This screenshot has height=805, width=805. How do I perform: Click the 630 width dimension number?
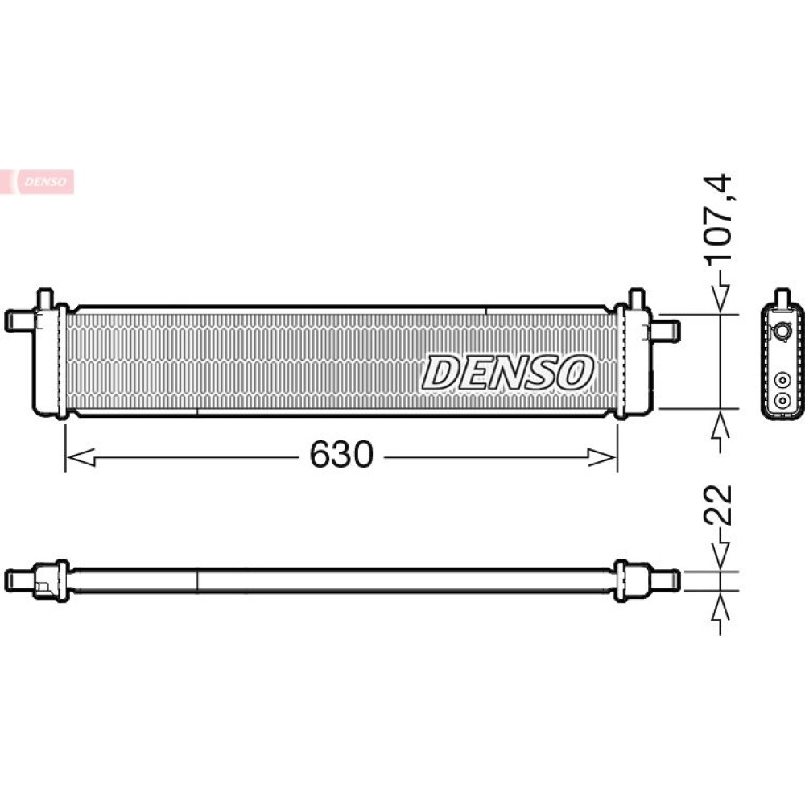pos(341,455)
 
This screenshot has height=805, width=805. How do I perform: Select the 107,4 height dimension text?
pos(718,221)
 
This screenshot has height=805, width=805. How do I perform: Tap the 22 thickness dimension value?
pos(718,505)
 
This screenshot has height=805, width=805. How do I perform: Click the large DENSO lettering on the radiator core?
pos(507,372)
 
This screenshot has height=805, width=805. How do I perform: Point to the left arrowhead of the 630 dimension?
pos(81,457)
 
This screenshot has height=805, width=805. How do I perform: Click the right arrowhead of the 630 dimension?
pos(601,457)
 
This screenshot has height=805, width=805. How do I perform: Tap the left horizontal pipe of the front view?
pos(20,320)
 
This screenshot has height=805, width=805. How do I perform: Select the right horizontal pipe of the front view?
pos(665,330)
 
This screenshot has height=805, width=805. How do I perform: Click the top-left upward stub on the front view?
pos(45,299)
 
